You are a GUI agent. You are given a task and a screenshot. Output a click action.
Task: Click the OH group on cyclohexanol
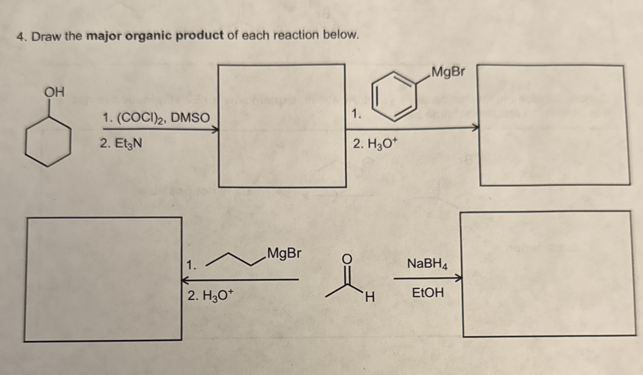[54, 92]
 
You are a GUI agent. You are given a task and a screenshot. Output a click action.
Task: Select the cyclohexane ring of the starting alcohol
[48, 141]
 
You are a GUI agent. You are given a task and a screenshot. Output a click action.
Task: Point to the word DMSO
[190, 118]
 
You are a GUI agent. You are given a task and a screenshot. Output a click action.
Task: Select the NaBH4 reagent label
[427, 264]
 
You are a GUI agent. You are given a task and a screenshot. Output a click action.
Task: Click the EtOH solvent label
[428, 292]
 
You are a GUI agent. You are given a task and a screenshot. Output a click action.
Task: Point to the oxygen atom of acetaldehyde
[347, 259]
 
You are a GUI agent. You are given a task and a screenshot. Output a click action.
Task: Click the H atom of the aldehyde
[370, 297]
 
